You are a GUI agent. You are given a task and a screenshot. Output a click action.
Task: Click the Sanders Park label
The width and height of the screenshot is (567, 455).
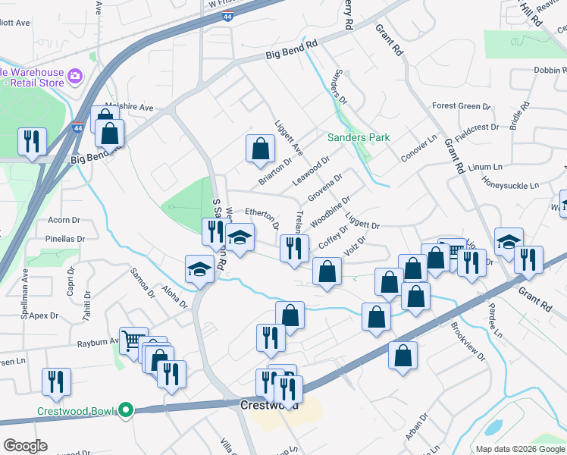(x=359, y=137)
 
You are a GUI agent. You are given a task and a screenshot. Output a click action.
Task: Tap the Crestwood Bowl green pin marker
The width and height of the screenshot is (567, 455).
(x=127, y=412)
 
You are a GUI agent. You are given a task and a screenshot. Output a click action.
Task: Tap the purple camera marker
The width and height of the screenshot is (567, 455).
(x=74, y=75)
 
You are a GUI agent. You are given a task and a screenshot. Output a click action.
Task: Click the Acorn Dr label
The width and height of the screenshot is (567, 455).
(x=64, y=220)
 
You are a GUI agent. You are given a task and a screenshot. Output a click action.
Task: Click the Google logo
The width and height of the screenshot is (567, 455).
(x=26, y=446)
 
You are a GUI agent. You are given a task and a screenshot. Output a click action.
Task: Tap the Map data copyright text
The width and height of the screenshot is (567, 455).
(x=519, y=449)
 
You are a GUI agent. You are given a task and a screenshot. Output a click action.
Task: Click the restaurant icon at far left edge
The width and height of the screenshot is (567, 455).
(x=33, y=142)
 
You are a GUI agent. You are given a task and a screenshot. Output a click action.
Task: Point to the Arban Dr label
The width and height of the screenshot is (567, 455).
(x=417, y=429)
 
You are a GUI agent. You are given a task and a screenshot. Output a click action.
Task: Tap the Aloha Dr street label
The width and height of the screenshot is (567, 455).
(x=174, y=297)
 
